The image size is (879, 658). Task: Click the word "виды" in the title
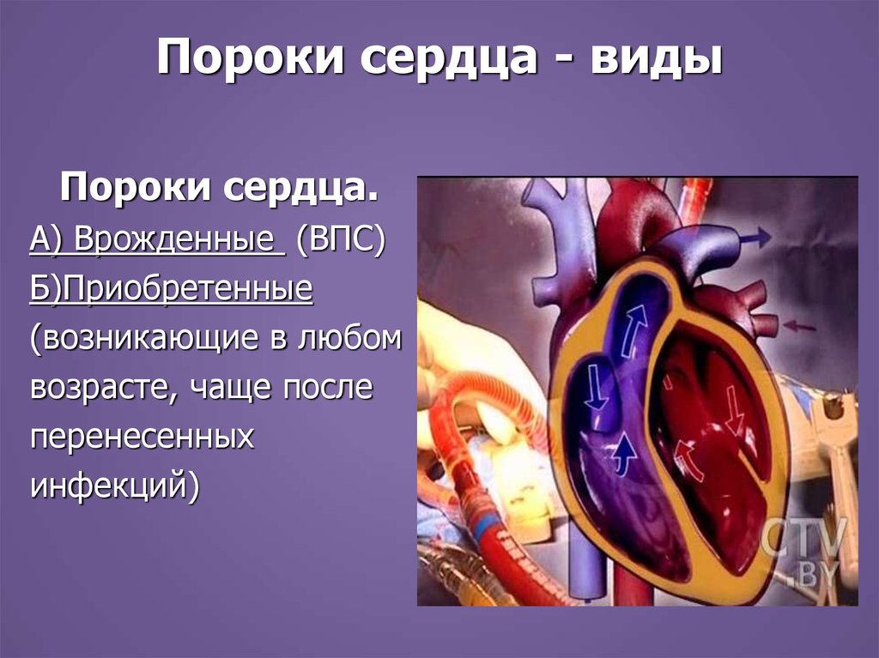[x=656, y=57]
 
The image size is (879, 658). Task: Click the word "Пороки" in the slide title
[x=251, y=57]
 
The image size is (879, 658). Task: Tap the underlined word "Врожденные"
[x=173, y=239]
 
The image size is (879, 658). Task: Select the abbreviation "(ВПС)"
[x=341, y=239]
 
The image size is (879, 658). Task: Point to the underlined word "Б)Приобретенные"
[x=172, y=289]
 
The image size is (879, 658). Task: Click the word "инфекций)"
[x=115, y=485]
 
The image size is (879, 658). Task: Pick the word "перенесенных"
[x=142, y=437]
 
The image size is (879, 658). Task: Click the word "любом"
[x=350, y=337]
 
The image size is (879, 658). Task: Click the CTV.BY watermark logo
[x=803, y=552]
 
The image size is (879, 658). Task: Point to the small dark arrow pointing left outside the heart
[x=799, y=325]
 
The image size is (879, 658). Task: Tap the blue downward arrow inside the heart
[x=596, y=388]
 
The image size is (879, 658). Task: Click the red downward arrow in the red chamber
[x=735, y=410]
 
